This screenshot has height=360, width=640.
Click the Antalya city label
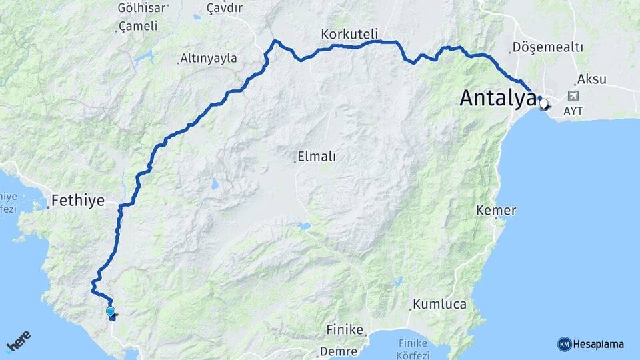click(497, 99)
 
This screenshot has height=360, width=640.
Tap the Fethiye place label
click(79, 200)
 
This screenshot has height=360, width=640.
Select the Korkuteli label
click(349, 33)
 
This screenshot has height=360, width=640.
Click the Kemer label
click(496, 211)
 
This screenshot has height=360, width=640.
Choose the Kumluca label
click(440, 304)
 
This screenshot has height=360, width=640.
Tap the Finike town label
click(345, 329)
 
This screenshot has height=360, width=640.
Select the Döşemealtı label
click(548, 48)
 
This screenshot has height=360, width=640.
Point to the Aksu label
click(592, 79)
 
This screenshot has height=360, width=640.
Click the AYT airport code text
click(572, 110)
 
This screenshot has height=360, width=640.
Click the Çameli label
click(138, 27)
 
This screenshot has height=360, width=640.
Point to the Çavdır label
click(224, 8)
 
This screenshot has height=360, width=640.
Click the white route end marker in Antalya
click(544, 104)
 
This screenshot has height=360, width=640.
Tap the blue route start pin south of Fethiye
click(111, 311)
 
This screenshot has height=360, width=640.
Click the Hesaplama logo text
click(599, 344)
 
